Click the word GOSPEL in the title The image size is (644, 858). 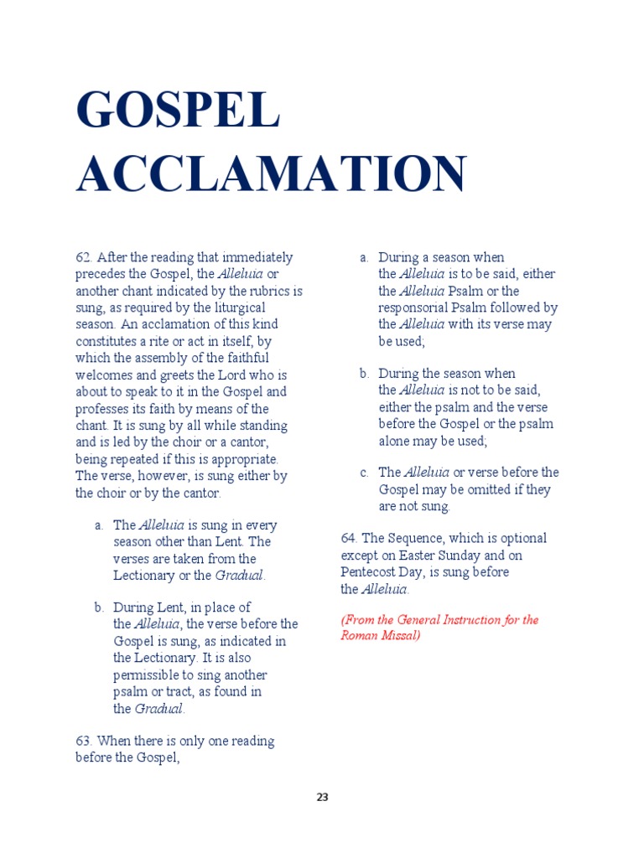click(x=177, y=110)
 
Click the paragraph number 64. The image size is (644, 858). click(x=349, y=538)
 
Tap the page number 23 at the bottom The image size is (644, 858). click(x=322, y=798)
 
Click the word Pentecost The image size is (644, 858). click(x=371, y=571)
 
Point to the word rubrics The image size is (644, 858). click(x=267, y=291)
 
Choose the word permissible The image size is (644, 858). click(x=150, y=675)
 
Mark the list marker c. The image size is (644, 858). click(x=364, y=473)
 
